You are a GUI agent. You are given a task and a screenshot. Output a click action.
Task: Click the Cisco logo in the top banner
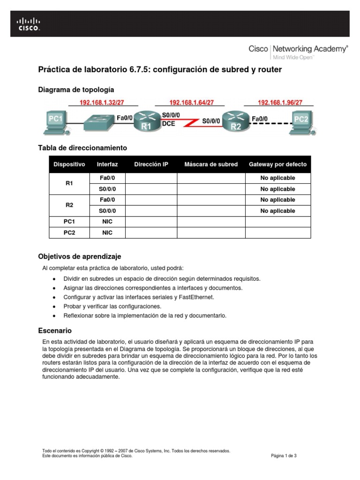click(x=29, y=24)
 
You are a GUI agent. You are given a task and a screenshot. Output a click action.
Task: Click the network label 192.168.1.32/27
click(x=102, y=102)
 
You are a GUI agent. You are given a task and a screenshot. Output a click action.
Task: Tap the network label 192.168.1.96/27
click(x=280, y=102)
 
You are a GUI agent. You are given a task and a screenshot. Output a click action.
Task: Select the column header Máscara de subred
click(x=211, y=165)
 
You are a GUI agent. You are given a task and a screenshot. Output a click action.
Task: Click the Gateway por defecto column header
click(x=277, y=165)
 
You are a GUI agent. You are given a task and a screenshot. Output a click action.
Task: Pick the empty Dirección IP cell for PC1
click(x=150, y=222)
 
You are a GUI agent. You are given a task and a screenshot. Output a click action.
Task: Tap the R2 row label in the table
click(x=69, y=205)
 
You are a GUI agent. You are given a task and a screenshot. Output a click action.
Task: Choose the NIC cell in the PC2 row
click(x=107, y=232)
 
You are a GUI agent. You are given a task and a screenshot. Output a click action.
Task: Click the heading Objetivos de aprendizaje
click(x=79, y=256)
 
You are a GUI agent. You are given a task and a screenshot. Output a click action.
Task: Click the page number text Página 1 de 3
click(x=284, y=456)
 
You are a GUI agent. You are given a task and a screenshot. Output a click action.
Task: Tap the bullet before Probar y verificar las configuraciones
click(x=54, y=307)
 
